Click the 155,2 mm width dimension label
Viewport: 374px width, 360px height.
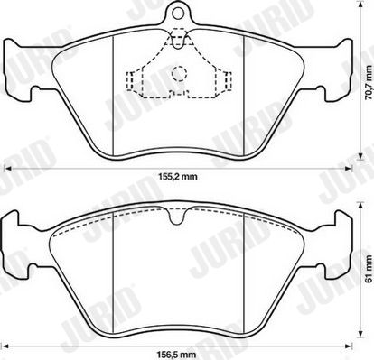click(178, 177)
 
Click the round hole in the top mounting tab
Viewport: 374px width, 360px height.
click(178, 13)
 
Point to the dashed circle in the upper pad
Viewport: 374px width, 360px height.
click(180, 73)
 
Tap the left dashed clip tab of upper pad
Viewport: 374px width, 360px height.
click(130, 81)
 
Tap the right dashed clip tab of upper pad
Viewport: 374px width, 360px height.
click(228, 81)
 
